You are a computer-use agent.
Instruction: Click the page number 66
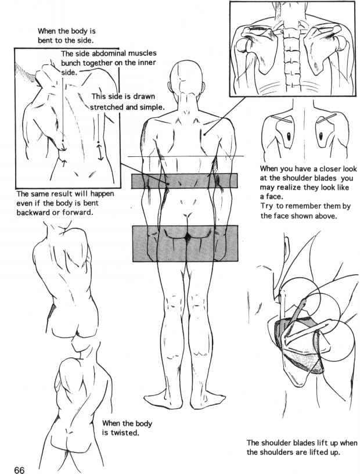(x=19, y=470)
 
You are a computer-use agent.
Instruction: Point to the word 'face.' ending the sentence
(x=267, y=197)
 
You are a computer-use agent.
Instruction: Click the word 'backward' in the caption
(x=33, y=212)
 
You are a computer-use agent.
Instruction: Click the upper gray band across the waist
(x=185, y=181)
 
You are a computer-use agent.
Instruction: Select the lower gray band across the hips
(x=185, y=243)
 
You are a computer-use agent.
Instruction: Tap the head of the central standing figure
(x=186, y=80)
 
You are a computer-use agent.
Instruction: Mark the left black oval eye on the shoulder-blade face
(x=289, y=137)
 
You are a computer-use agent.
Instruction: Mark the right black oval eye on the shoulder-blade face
(x=321, y=136)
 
